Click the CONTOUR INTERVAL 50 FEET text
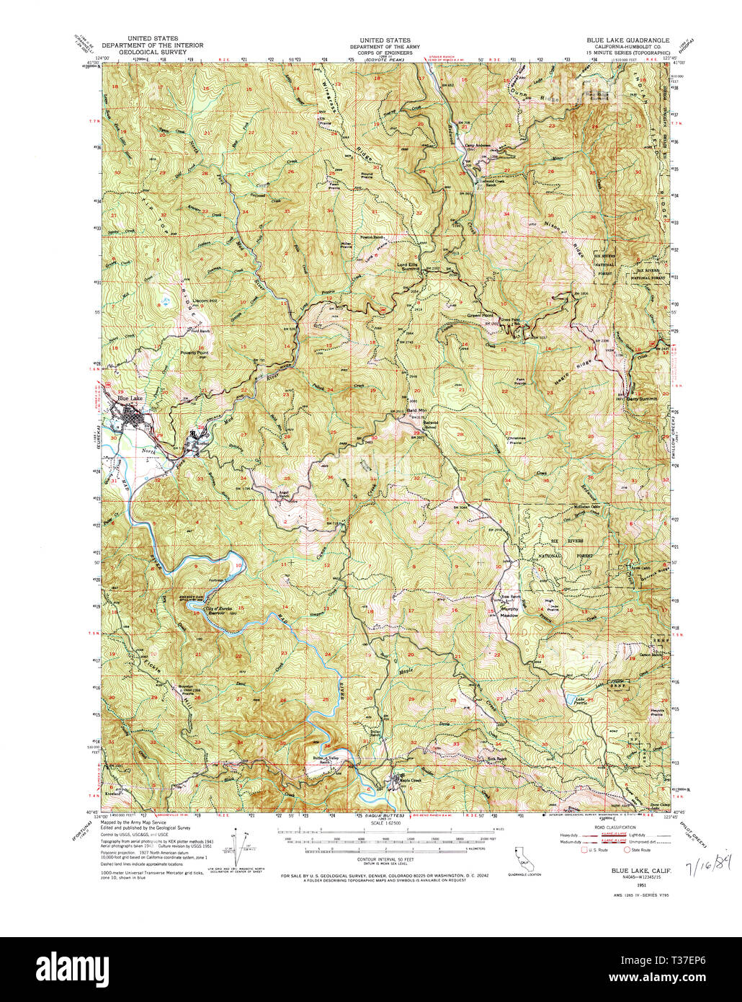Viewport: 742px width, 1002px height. tap(386, 860)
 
